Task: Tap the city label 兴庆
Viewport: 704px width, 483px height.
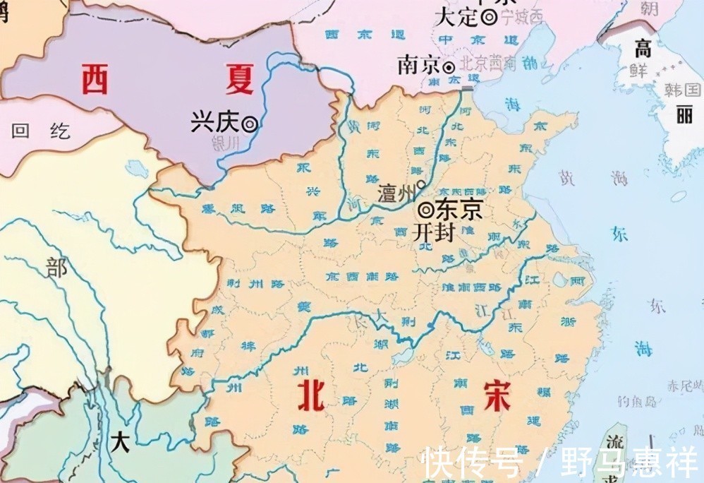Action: tap(214, 123)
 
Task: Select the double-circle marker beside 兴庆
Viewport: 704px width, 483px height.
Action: tap(249, 124)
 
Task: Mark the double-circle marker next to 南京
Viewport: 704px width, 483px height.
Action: tap(449, 68)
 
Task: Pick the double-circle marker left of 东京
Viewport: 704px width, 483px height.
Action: tap(425, 210)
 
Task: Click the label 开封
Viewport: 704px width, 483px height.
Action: tap(433, 232)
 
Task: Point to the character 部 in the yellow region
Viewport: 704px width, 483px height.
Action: tap(56, 268)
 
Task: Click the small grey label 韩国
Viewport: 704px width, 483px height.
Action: tap(682, 90)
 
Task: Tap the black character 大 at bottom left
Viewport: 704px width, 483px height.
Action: tap(120, 442)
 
